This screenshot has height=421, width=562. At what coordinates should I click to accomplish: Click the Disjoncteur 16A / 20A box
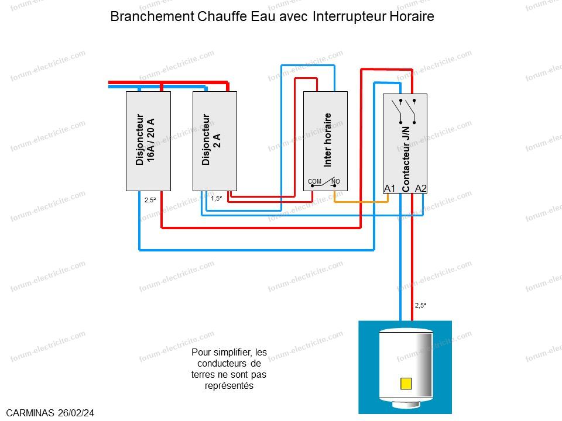(148, 141)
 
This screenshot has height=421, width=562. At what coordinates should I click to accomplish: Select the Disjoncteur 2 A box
(215, 141)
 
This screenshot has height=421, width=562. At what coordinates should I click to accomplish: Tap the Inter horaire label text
(328, 140)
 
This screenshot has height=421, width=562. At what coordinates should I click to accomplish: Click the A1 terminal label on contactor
(390, 188)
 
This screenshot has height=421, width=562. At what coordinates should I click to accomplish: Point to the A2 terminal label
(421, 188)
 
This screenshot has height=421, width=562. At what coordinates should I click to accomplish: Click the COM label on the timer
(315, 181)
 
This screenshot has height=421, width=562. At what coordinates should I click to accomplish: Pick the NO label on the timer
(335, 181)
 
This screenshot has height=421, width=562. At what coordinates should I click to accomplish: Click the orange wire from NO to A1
(361, 202)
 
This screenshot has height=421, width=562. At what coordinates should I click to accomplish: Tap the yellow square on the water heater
(406, 384)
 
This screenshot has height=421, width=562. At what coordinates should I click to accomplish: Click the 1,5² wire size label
(217, 198)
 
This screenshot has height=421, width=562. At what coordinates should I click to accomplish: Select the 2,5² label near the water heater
(421, 305)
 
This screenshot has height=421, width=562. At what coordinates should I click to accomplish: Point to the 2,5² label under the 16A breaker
(150, 200)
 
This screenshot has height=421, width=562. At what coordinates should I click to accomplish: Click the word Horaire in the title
(412, 16)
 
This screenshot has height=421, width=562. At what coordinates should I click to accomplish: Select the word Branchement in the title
(152, 16)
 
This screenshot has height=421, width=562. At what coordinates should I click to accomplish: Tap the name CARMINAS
(30, 413)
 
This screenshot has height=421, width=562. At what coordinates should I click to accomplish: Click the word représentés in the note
(229, 386)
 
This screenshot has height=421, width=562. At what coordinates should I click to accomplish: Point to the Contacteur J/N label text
(406, 159)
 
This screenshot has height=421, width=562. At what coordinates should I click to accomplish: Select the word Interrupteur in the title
(349, 16)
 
